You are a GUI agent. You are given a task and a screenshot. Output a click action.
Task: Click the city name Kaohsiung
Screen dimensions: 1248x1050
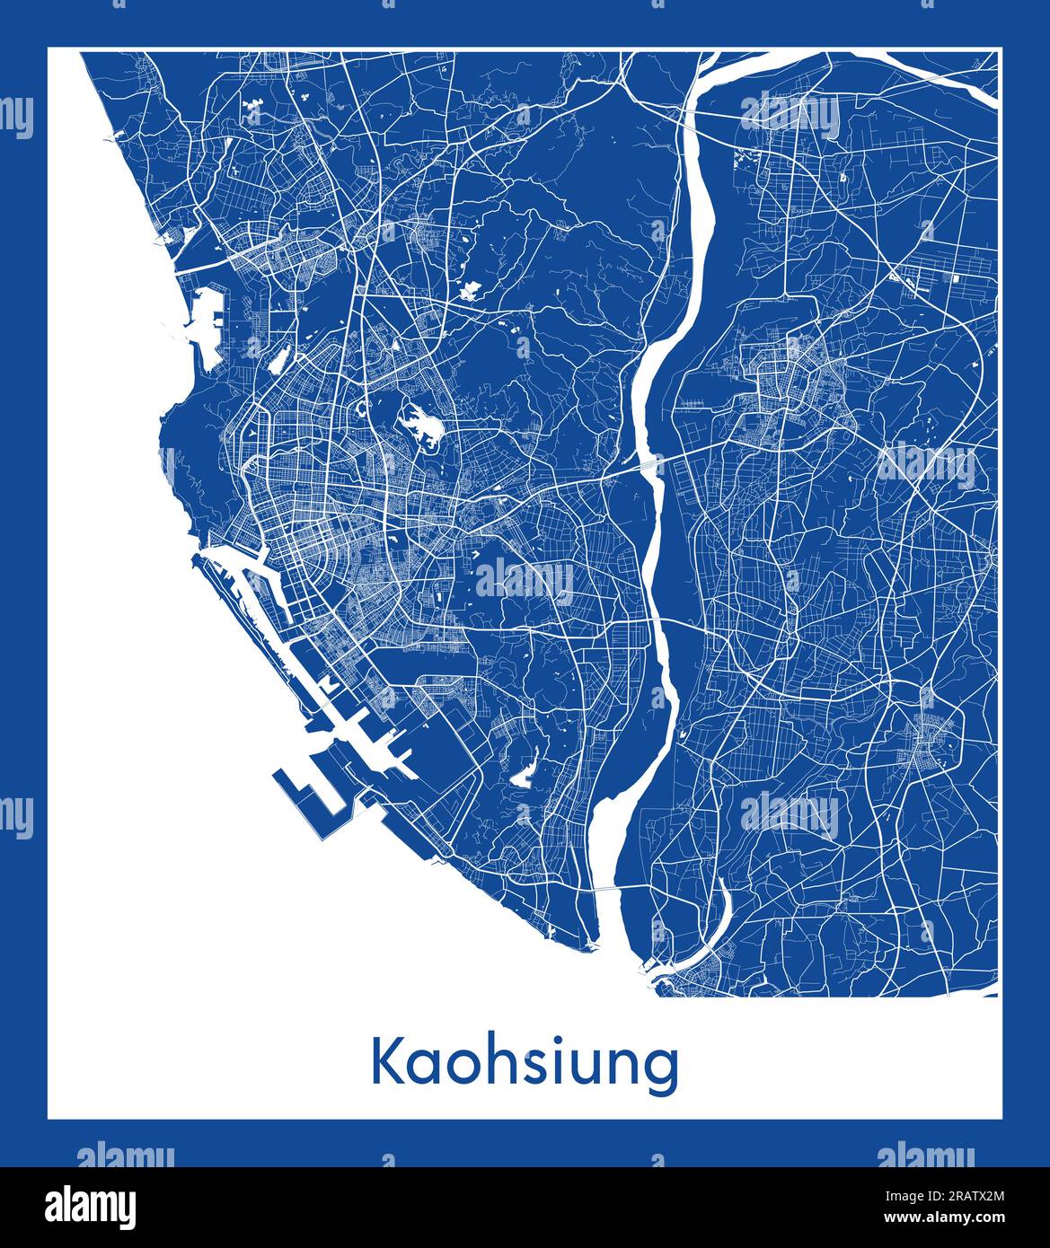tap(525, 1065)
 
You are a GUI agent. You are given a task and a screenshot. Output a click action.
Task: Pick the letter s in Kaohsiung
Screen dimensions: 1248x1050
tap(525, 1067)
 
